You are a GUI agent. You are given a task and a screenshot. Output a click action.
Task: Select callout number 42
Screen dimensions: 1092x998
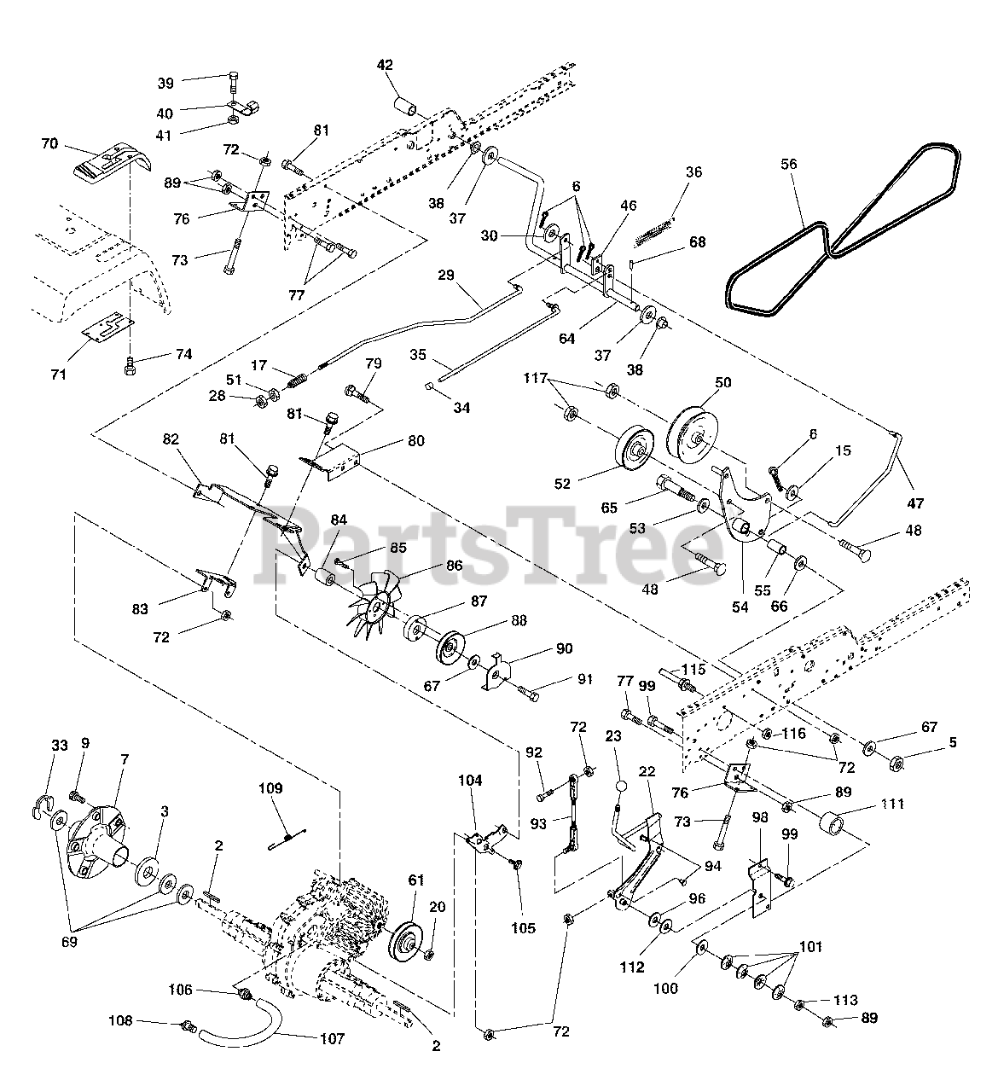385,65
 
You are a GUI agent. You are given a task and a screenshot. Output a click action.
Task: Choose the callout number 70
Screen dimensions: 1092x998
49,144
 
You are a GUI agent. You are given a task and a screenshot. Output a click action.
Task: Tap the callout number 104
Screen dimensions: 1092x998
470,780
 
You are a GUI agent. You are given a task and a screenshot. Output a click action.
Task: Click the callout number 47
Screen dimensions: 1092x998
916,503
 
